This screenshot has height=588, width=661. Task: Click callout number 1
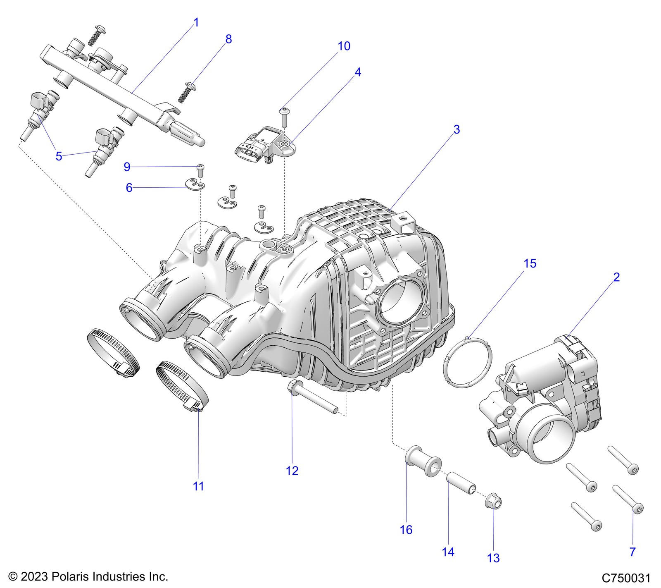pyautogui.click(x=196, y=22)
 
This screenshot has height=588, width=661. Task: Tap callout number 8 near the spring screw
pyautogui.click(x=228, y=39)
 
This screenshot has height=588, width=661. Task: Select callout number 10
pyautogui.click(x=344, y=46)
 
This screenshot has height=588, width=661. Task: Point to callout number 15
pyautogui.click(x=530, y=263)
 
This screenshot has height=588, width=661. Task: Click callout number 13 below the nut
pyautogui.click(x=493, y=558)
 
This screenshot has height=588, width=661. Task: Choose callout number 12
pyautogui.click(x=292, y=471)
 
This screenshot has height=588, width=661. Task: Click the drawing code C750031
pyautogui.click(x=626, y=578)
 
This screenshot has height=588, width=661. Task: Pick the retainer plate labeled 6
pyautogui.click(x=195, y=184)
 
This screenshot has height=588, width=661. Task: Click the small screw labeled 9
pyautogui.click(x=200, y=170)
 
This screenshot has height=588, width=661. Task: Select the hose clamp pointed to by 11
pyautogui.click(x=182, y=385)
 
